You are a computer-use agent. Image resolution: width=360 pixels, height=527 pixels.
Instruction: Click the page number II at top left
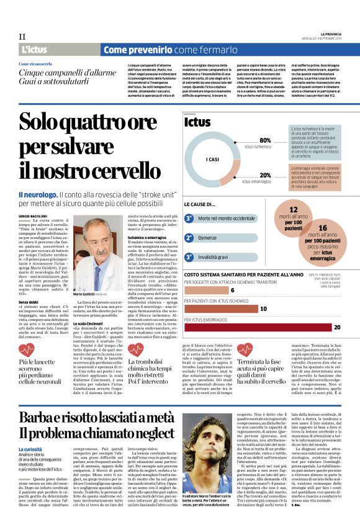(x=22, y=37)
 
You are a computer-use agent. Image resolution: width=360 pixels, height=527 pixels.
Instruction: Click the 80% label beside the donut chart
(x=266, y=140)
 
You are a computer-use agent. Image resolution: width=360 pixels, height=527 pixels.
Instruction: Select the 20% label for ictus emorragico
(x=266, y=175)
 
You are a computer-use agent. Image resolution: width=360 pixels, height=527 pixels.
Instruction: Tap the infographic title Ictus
(x=198, y=122)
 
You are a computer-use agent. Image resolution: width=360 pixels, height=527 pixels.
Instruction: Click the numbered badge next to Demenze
(x=189, y=238)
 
